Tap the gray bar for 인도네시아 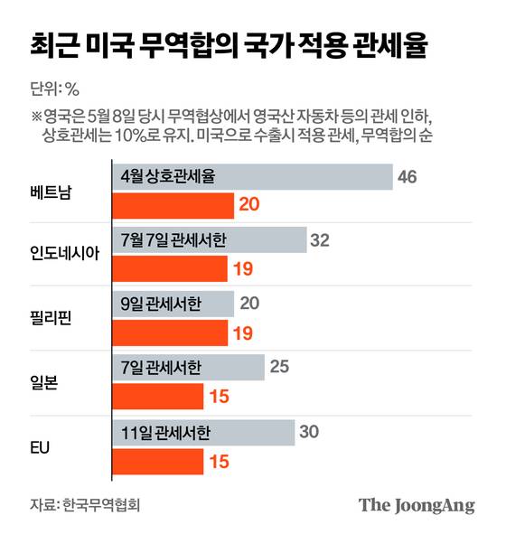(x=209, y=240)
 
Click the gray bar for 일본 (x=188, y=367)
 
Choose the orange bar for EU (x=157, y=461)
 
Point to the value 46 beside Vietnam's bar (x=407, y=177)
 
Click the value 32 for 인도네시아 (x=320, y=240)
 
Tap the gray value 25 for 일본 (x=279, y=367)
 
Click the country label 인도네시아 (x=66, y=254)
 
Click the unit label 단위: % (x=56, y=89)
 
